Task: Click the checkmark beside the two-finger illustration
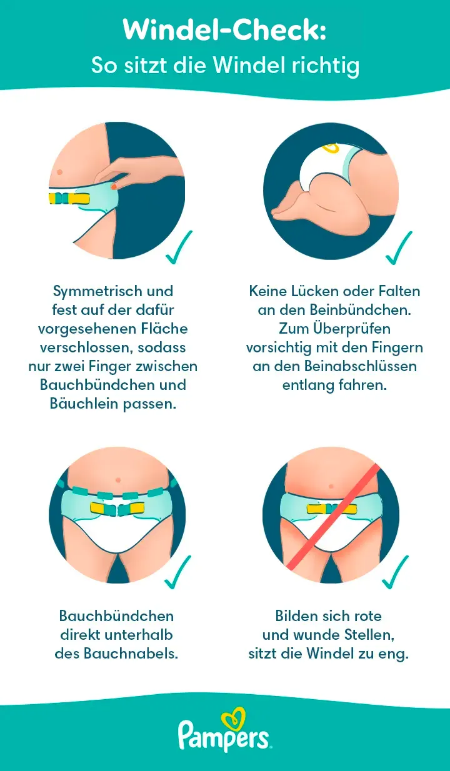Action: [x=179, y=247]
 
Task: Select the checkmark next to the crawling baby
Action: [x=399, y=247]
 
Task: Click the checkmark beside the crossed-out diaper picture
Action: [x=396, y=572]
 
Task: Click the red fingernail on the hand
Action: [x=114, y=186]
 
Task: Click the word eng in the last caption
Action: [x=396, y=654]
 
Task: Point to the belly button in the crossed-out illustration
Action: [x=331, y=485]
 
